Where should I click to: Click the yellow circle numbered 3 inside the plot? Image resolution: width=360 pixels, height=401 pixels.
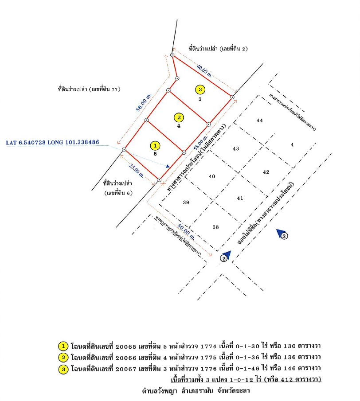point(200,90)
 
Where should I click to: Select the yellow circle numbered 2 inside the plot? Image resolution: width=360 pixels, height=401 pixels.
point(179,117)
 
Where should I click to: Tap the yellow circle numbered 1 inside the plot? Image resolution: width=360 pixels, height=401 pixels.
point(155,145)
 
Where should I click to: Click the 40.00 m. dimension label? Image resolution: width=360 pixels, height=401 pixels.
point(207,71)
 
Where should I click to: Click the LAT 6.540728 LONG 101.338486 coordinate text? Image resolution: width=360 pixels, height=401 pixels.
point(52,143)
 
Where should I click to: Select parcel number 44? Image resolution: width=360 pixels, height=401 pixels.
point(260,121)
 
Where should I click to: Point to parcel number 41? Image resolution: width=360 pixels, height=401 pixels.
point(240,198)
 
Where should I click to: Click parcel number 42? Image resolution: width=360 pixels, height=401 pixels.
point(266,172)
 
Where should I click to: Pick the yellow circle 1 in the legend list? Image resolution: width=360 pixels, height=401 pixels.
point(63,346)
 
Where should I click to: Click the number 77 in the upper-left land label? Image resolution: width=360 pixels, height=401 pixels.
point(117,89)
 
